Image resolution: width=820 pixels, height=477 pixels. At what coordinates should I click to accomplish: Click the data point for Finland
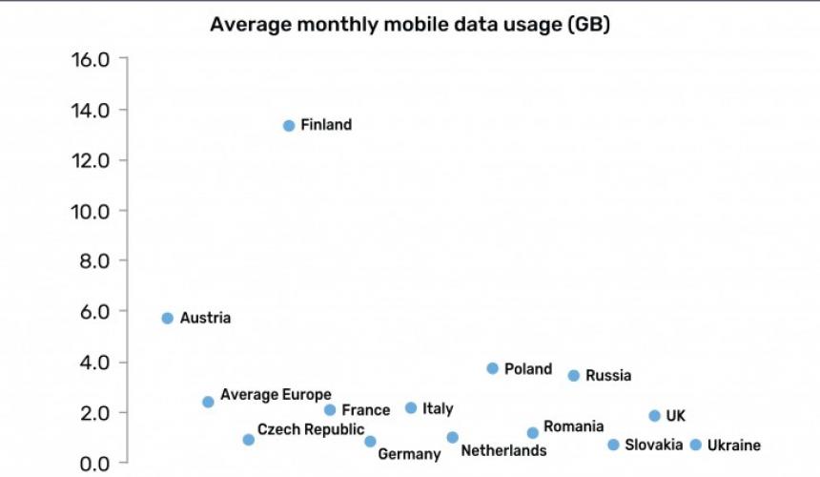(x=289, y=125)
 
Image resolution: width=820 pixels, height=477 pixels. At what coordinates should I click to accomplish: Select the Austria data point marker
(x=167, y=318)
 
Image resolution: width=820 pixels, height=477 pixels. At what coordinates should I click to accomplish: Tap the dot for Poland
(x=492, y=368)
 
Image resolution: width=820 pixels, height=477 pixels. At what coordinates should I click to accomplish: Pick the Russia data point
(x=573, y=375)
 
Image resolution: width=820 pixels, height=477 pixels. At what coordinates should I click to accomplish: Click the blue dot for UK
(x=654, y=415)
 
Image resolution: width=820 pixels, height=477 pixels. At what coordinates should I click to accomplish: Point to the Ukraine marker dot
(x=695, y=445)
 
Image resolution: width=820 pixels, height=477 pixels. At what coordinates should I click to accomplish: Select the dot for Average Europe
(x=208, y=402)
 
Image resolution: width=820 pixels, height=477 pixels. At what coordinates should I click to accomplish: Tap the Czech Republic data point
(x=248, y=440)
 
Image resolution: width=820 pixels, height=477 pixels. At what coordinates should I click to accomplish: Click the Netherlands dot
(x=452, y=437)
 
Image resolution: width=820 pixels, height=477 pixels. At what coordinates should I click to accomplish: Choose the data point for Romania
(x=532, y=432)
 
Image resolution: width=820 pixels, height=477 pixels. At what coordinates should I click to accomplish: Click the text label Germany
(x=409, y=454)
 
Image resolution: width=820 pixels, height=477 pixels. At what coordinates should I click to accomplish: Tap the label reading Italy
(x=438, y=408)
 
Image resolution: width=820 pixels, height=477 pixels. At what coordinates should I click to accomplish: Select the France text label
(x=365, y=410)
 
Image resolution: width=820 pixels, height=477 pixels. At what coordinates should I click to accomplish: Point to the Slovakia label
(x=653, y=445)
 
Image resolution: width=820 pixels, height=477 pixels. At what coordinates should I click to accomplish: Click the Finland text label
(x=326, y=125)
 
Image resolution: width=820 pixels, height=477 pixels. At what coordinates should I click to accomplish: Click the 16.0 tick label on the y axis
(x=91, y=59)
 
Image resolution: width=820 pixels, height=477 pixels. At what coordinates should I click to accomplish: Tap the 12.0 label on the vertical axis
(x=91, y=159)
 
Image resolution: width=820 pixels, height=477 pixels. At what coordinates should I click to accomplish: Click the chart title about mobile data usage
(x=410, y=24)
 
